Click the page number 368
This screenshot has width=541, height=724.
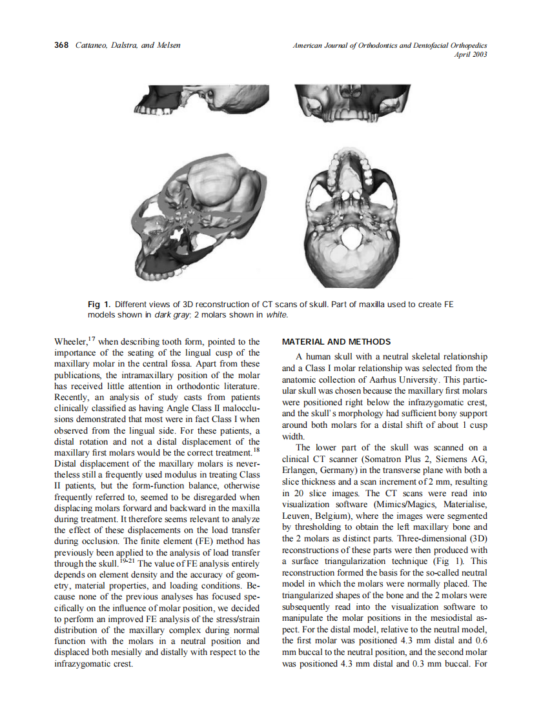click(61, 45)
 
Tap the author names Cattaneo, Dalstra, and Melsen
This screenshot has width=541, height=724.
click(128, 45)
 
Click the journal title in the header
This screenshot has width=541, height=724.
click(390, 45)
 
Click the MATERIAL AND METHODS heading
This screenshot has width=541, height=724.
click(336, 341)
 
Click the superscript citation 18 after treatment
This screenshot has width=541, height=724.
click(256, 450)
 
